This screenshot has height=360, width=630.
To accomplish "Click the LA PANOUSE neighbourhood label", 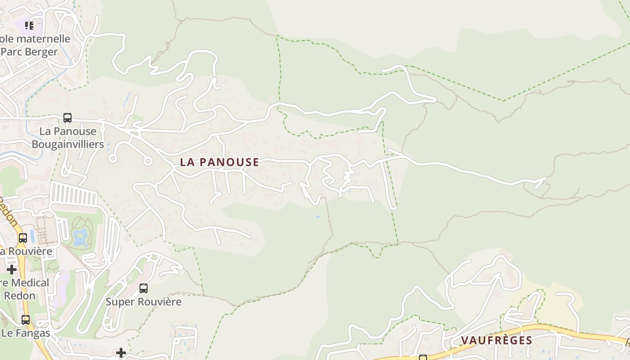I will pyautogui.click(x=220, y=162).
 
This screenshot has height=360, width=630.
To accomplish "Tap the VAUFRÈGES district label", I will pyautogui.click(x=496, y=340).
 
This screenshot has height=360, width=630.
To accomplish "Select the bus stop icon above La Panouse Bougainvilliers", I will pyautogui.click(x=67, y=118).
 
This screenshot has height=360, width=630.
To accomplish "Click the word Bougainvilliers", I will pyautogui.click(x=67, y=144).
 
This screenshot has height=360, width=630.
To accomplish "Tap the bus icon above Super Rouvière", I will pyautogui.click(x=144, y=288).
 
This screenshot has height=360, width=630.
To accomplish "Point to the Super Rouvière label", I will pyautogui.click(x=144, y=301).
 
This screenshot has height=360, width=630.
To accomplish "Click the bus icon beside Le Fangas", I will pyautogui.click(x=26, y=320).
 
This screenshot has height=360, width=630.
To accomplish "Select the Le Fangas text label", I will pyautogui.click(x=26, y=333).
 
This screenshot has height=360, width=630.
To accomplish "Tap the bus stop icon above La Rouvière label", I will pyautogui.click(x=22, y=238).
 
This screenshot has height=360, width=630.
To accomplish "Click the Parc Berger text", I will pyautogui.click(x=29, y=52).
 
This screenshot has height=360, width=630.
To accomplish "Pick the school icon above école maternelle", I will pyautogui.click(x=29, y=25).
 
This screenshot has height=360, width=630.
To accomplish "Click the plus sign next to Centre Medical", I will pyautogui.click(x=12, y=270).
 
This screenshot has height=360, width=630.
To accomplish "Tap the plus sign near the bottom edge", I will pyautogui.click(x=121, y=353).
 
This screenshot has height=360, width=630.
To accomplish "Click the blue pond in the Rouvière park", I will pyautogui.click(x=81, y=236).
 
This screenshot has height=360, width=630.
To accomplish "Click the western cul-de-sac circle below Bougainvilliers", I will pyautogui.click(x=112, y=158).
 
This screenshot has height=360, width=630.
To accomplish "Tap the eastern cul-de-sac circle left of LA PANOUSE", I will pyautogui.click(x=148, y=161).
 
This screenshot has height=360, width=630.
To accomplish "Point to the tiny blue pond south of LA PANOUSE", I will pyautogui.click(x=318, y=217).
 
